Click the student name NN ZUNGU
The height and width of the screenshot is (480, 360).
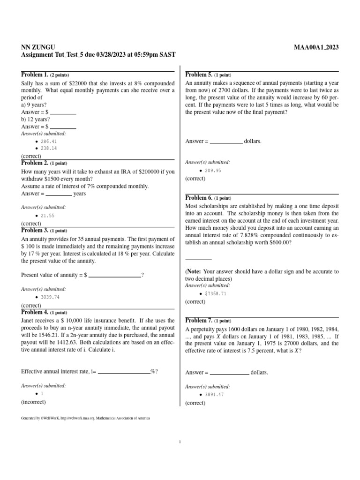[38, 47]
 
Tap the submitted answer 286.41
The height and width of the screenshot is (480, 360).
[49, 141]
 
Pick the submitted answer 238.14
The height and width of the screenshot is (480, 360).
[49, 148]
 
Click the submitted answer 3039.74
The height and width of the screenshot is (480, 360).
[50, 297]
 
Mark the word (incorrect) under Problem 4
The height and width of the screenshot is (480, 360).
[34, 402]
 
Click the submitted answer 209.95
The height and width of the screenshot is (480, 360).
[213, 171]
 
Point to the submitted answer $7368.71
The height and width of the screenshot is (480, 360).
[216, 294]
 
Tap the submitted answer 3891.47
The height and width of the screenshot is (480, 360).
[214, 395]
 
